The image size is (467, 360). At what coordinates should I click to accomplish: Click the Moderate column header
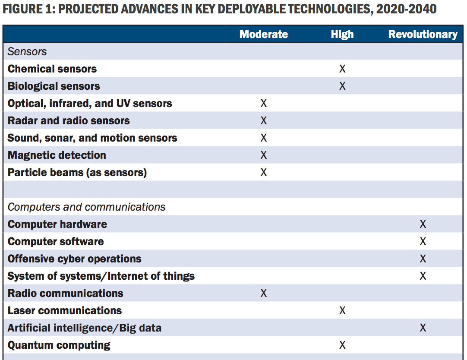click(263, 35)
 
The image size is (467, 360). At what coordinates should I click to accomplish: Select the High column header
click(342, 35)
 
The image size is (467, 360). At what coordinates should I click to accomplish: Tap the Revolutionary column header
click(423, 35)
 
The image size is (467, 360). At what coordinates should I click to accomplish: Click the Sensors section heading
click(27, 52)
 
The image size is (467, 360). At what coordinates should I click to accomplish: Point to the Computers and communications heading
click(86, 207)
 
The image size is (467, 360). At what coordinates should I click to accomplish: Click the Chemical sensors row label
click(52, 69)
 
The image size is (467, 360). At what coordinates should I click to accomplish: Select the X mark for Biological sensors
click(342, 86)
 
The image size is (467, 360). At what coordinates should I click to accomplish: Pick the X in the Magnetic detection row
click(264, 155)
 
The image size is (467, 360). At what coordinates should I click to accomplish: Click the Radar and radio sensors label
click(69, 121)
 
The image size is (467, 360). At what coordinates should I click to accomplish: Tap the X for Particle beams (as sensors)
click(264, 173)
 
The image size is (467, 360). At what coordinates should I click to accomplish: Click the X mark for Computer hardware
click(423, 224)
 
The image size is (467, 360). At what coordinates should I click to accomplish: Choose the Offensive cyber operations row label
click(74, 259)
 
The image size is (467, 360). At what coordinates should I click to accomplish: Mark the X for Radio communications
click(264, 294)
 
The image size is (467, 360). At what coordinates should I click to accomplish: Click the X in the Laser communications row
click(342, 311)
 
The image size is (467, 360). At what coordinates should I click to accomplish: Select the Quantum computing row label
click(59, 345)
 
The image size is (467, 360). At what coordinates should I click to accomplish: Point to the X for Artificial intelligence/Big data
click(423, 328)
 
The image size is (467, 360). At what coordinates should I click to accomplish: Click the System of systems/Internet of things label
click(101, 276)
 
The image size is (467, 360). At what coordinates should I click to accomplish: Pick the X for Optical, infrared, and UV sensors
click(264, 104)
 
